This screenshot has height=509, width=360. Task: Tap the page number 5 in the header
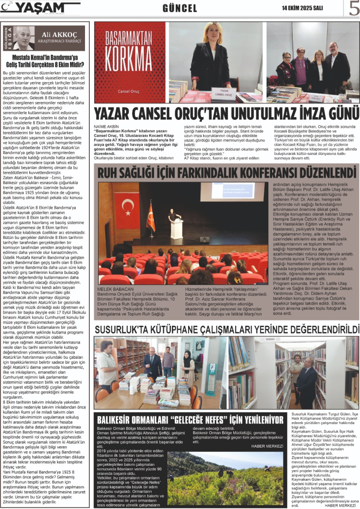click(x=353, y=8)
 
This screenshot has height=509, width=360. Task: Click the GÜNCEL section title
click(x=180, y=8)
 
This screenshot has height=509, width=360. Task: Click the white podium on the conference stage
click(x=177, y=229)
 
